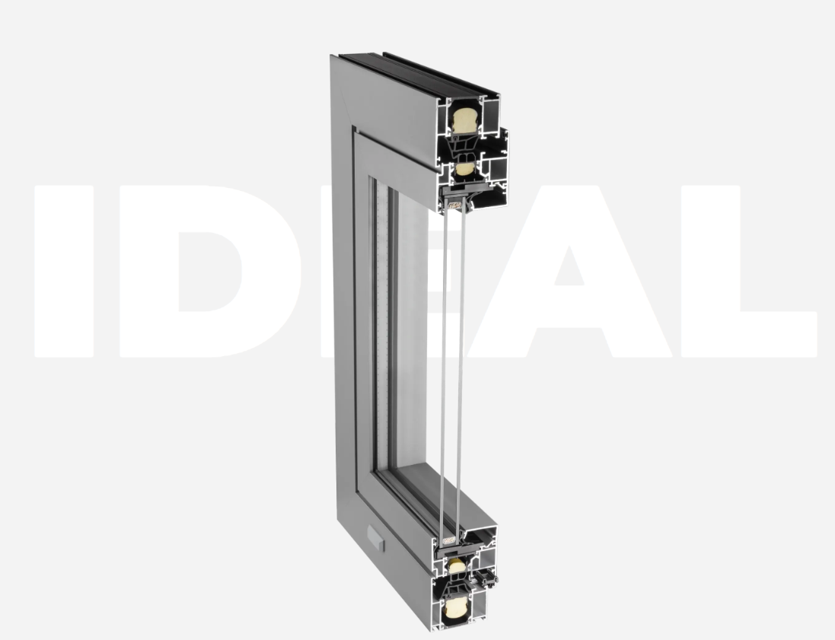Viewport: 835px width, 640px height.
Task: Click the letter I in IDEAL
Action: point(64,271)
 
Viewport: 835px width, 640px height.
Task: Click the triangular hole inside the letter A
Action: point(569,269)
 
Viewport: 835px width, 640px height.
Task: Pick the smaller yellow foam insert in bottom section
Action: point(457,566)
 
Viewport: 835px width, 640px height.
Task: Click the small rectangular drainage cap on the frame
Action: point(375,537)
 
